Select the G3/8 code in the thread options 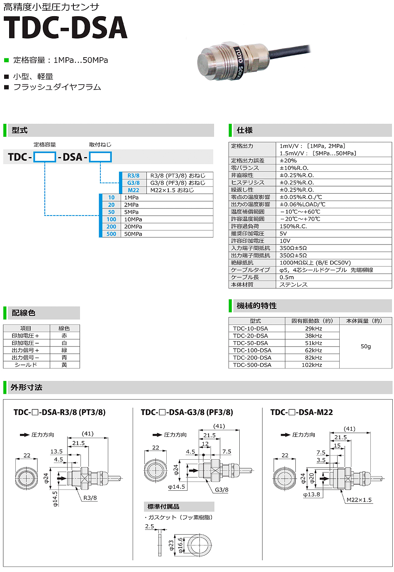click(x=133, y=183)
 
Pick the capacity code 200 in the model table click(x=111, y=227)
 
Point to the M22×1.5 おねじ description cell click(x=172, y=190)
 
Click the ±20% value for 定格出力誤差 click(x=288, y=160)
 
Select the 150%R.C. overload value click(x=293, y=226)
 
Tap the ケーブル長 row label click(x=245, y=277)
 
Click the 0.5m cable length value click(x=287, y=277)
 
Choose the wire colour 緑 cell click(x=64, y=350)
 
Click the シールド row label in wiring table click(x=26, y=365)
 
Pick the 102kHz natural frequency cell click(x=312, y=365)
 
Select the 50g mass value click(x=365, y=347)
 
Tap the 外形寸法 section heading click(x=27, y=388)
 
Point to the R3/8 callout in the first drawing click(x=90, y=498)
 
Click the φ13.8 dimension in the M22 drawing click(x=311, y=494)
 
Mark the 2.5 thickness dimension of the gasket click(x=149, y=526)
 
